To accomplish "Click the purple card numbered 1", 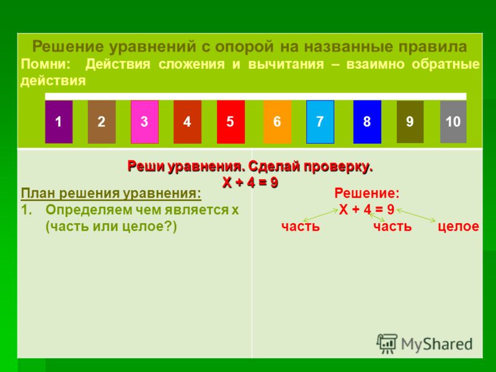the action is point(59,122).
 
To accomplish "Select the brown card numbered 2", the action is point(102,122).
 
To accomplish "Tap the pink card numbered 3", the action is point(144,122).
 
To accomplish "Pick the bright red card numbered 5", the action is point(231,122).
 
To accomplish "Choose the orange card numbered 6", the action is point(277,122).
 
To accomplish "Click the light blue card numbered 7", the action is point(320,122).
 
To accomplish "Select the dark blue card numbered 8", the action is point(367,122).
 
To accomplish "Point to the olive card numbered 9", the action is point(410,122).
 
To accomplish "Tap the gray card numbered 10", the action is point(453,122).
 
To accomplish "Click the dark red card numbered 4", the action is point(187,122).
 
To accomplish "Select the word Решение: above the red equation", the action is point(367,193).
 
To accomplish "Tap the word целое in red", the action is point(458,226).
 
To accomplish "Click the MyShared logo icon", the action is point(387,343).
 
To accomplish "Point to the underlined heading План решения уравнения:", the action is point(111,193).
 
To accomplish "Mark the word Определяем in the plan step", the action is point(89,210).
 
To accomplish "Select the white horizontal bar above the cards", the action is point(255,97).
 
